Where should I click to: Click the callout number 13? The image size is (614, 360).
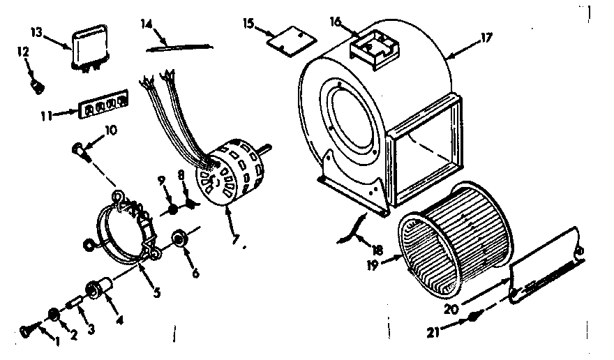coord(37,33)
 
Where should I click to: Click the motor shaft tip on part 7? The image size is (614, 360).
coord(267,147)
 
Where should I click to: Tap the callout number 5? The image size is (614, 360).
coord(158,293)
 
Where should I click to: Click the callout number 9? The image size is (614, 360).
coord(160,179)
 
